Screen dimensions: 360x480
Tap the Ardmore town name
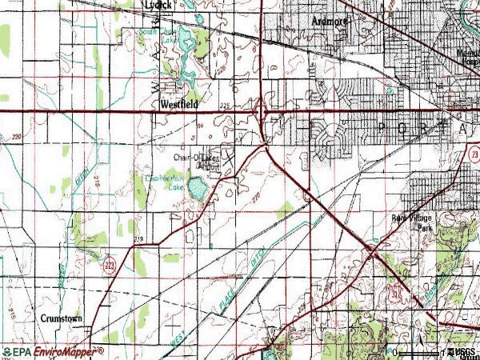pyautogui.click(x=328, y=22)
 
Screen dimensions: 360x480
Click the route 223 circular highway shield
pyautogui.click(x=110, y=265)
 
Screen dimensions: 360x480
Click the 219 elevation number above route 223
pyautogui.click(x=139, y=239)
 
